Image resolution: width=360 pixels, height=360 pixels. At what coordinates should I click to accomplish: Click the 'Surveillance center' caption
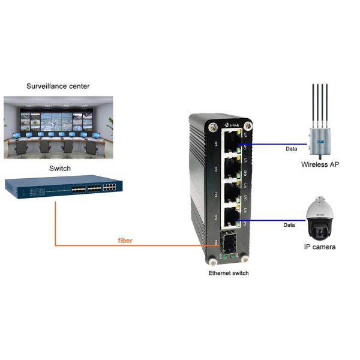pos(58,86)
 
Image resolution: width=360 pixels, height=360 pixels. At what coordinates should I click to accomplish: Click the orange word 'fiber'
pos(125,240)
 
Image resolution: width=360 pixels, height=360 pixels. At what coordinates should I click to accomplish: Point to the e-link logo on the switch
pos(233,124)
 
